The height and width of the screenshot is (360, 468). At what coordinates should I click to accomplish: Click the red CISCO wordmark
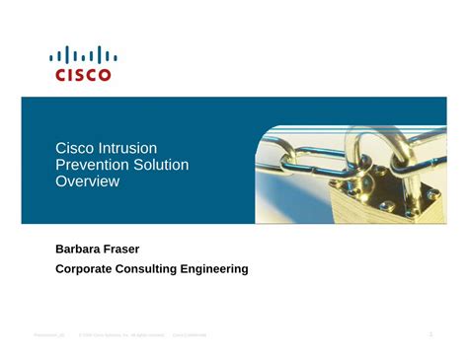(83, 75)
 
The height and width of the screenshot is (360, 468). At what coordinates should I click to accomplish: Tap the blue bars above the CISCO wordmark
(83, 55)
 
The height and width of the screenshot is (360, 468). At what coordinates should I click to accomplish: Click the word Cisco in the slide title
(73, 147)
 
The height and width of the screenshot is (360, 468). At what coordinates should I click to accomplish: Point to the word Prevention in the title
(91, 165)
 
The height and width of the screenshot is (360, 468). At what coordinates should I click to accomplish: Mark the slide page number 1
(430, 336)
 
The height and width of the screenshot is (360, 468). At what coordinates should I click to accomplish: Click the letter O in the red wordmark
(106, 75)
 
